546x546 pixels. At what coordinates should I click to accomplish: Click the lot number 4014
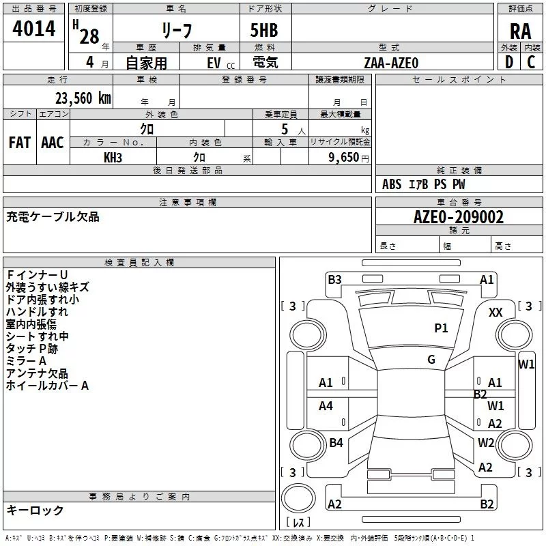[33, 30]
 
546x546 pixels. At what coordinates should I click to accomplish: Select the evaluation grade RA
[520, 31]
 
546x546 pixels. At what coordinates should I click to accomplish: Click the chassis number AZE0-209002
[459, 217]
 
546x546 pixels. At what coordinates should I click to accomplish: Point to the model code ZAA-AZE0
[391, 62]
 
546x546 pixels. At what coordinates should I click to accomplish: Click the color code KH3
[113, 158]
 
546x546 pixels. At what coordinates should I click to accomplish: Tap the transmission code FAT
[19, 143]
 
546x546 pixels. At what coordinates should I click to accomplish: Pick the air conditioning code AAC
[53, 143]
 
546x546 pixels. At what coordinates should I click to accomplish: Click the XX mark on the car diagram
[496, 312]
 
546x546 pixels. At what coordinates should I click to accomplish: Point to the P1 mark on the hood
[442, 328]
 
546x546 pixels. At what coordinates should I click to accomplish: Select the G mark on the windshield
[431, 360]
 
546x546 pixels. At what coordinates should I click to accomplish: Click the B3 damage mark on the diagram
[334, 279]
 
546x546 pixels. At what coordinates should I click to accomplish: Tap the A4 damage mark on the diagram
[326, 406]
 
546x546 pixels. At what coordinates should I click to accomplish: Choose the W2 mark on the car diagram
[486, 442]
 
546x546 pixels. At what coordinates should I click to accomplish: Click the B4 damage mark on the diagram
[336, 443]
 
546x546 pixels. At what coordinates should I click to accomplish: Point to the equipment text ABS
[392, 184]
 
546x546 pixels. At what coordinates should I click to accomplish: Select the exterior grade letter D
[508, 62]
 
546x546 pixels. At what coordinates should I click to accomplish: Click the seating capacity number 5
[285, 129]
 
